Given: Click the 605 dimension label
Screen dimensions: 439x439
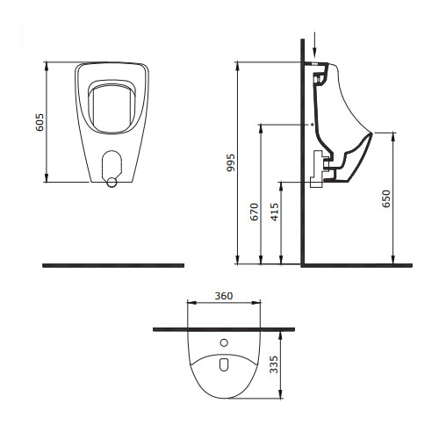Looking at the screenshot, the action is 40,122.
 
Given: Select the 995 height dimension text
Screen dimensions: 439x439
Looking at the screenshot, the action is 231,162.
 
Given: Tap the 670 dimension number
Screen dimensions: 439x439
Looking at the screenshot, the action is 255,212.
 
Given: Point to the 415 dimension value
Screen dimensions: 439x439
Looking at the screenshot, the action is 275,212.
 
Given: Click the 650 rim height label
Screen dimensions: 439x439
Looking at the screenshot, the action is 386,198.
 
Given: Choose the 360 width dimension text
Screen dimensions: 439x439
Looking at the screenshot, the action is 224,296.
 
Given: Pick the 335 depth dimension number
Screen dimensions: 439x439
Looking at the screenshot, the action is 274,364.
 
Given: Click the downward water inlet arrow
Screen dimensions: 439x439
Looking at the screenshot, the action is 314,48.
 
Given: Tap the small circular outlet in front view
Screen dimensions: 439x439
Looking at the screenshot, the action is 112,183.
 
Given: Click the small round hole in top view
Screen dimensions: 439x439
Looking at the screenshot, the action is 224,342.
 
